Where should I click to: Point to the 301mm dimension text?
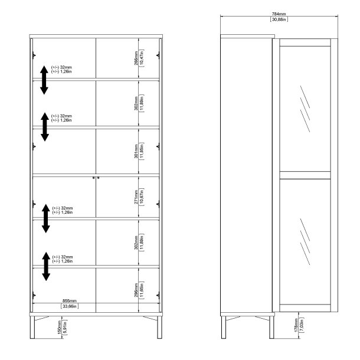pos(136,152)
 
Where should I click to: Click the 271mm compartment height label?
pos(136,197)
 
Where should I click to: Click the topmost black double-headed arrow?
pos(44,79)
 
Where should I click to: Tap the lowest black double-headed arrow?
pos(44,266)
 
